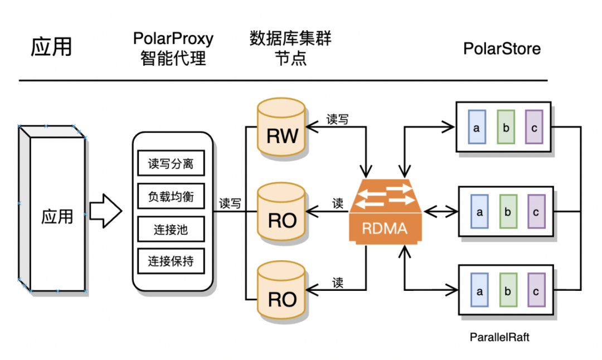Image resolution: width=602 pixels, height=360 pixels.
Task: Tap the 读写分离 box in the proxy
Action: click(171, 164)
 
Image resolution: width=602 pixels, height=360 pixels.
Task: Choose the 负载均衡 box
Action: click(171, 197)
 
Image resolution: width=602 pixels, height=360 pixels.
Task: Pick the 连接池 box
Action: click(171, 229)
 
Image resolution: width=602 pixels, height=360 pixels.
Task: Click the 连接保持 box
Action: click(171, 261)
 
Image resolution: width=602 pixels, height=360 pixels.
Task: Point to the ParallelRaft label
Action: click(499, 337)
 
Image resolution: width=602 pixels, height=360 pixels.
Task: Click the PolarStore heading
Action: click(502, 48)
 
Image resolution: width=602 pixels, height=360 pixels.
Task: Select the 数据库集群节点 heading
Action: click(290, 48)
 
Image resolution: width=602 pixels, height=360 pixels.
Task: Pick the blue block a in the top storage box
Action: click(477, 128)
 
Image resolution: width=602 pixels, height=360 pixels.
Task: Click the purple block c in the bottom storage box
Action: click(536, 291)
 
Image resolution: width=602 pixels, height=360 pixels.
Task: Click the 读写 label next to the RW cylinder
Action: click(337, 119)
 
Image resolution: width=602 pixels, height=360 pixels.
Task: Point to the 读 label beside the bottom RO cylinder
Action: click(337, 283)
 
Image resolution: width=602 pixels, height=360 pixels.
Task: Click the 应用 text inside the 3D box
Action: click(57, 216)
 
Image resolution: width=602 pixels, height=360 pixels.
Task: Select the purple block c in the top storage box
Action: click(534, 128)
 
